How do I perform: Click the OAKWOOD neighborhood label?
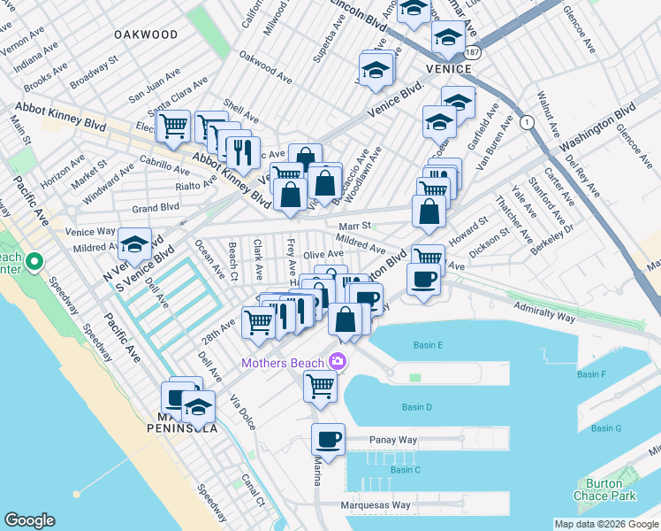(145, 35)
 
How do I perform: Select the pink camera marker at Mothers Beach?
(337, 361)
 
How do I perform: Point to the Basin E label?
(428, 345)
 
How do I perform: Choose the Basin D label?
(416, 407)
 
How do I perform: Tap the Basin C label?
(405, 470)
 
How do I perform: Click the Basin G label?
(606, 428)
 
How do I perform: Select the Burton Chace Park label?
(611, 489)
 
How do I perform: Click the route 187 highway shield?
(475, 52)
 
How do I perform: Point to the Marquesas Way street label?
(376, 506)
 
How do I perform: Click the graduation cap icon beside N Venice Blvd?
(135, 244)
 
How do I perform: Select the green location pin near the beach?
(34, 262)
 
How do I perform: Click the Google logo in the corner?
(29, 520)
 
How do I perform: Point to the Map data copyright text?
(605, 524)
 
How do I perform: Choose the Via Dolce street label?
(242, 413)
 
